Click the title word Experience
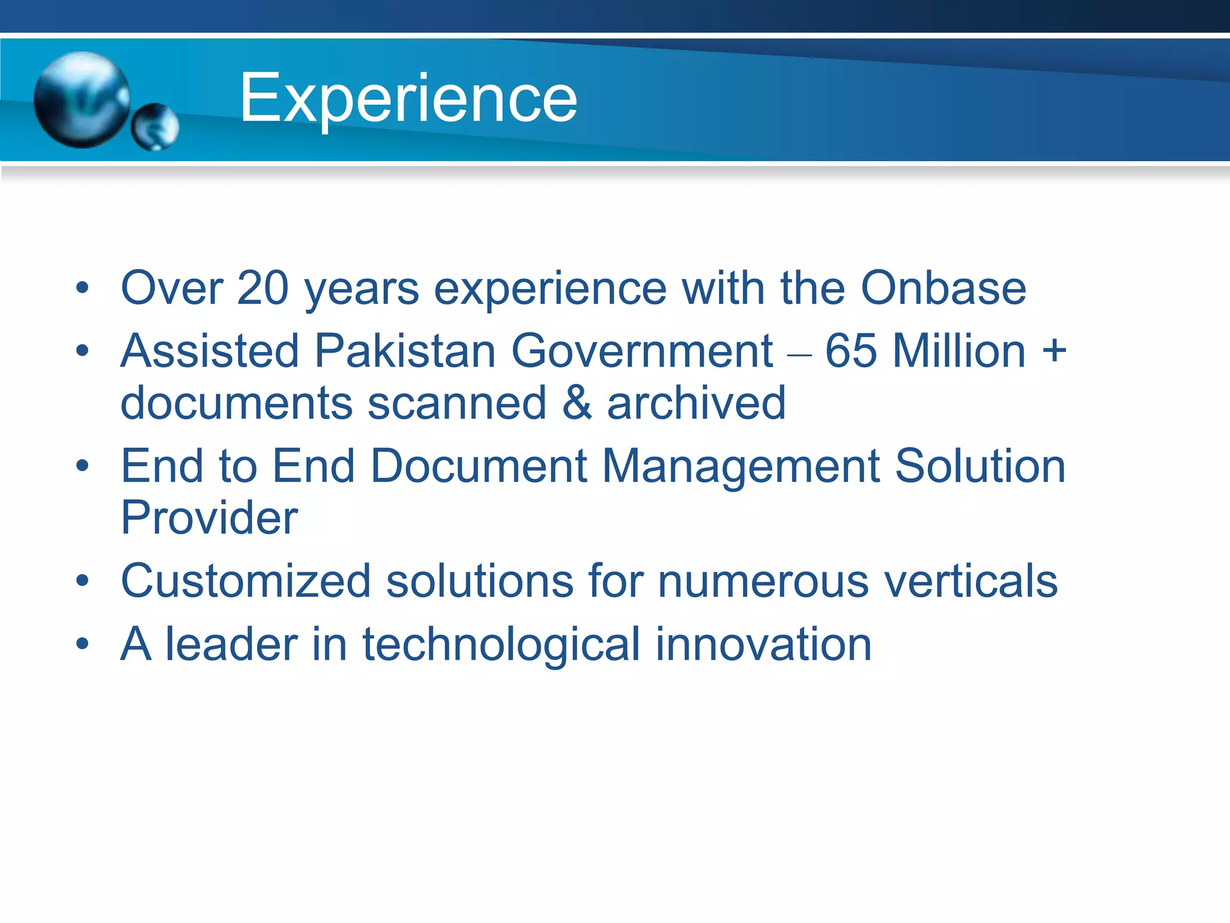click(x=408, y=98)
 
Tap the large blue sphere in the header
click(x=82, y=99)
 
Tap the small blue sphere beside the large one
click(x=155, y=127)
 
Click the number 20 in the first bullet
click(x=262, y=288)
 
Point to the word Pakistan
click(x=405, y=351)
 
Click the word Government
click(x=641, y=351)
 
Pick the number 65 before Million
click(x=850, y=351)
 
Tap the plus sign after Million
click(x=1054, y=351)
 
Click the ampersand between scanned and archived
click(x=577, y=403)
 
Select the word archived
click(x=696, y=403)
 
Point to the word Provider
click(x=209, y=518)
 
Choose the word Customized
click(x=246, y=581)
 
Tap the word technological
click(x=501, y=644)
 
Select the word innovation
click(x=763, y=644)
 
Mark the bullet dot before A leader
click(x=82, y=644)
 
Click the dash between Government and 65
click(x=799, y=355)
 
